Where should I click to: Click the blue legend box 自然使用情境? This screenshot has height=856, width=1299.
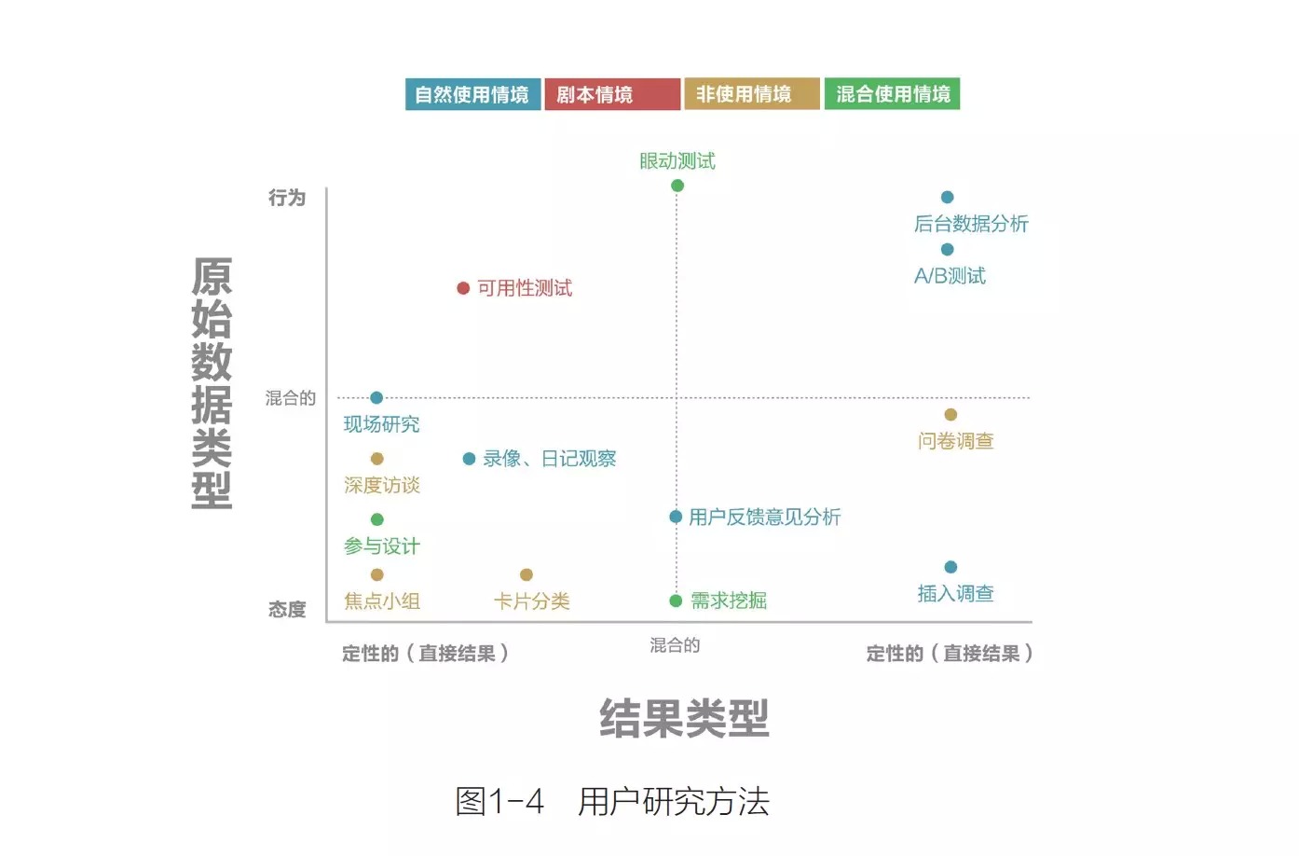tap(472, 94)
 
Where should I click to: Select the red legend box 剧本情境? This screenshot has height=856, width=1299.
tap(612, 94)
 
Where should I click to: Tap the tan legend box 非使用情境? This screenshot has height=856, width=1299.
tap(752, 94)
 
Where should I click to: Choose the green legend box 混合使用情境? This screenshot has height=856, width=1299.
tap(892, 94)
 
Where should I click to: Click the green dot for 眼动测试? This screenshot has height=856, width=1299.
tap(677, 186)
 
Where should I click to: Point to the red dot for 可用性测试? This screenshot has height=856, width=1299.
tap(463, 288)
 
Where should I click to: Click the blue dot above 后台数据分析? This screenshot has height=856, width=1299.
tap(947, 197)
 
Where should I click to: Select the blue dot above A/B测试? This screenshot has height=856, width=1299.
tap(947, 249)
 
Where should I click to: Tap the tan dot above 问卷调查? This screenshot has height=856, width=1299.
tap(950, 415)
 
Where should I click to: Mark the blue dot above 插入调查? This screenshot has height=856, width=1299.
tap(950, 567)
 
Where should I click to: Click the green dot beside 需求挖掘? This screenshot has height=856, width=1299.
tap(676, 601)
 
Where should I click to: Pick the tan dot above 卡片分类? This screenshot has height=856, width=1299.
tap(526, 574)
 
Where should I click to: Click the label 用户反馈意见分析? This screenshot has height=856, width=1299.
tap(764, 518)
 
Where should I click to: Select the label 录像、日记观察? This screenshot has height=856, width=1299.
tap(549, 459)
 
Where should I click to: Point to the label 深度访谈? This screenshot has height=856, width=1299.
tap(382, 485)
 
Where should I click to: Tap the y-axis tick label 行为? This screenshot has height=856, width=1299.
tap(287, 198)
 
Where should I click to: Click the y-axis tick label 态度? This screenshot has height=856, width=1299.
tap(287, 610)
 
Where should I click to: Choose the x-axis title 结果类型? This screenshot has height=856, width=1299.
tap(684, 718)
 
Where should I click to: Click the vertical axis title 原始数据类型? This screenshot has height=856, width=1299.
tap(212, 382)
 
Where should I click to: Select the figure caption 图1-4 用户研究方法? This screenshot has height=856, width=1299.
tap(612, 801)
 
